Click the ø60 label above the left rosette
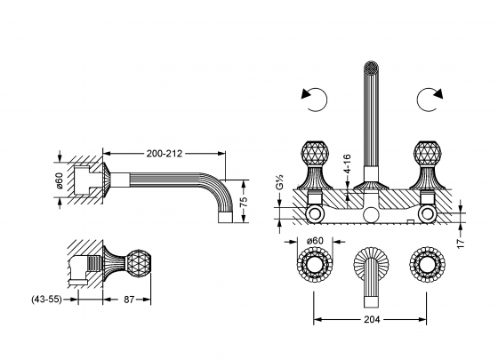click(313, 241)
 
